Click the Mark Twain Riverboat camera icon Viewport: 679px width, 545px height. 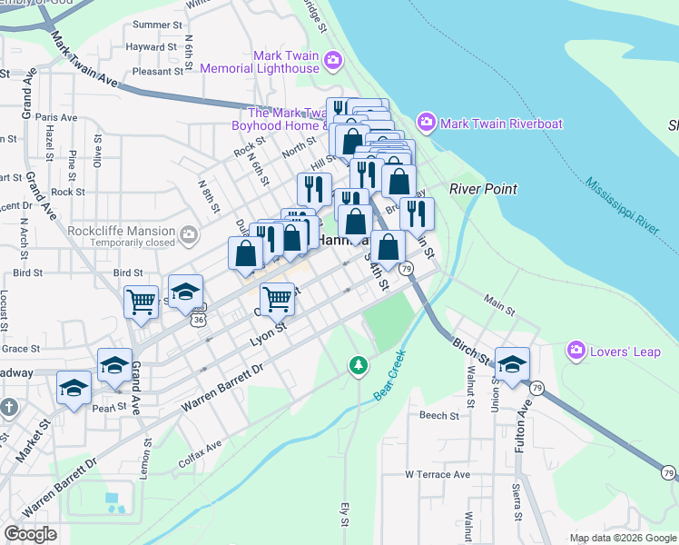coord(426,123)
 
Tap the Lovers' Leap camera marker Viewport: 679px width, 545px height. coord(576,350)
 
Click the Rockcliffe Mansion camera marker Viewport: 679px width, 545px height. coord(188,236)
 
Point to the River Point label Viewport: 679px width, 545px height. coord(483,189)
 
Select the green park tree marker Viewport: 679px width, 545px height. coord(359,366)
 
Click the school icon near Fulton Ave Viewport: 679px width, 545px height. coord(512,365)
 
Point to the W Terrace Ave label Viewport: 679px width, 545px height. coord(438,474)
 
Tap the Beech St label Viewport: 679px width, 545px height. coord(439,415)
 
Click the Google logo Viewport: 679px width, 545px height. coord(30,534)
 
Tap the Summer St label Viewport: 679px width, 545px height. coord(152,25)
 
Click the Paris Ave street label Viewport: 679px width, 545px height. coord(57,117)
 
